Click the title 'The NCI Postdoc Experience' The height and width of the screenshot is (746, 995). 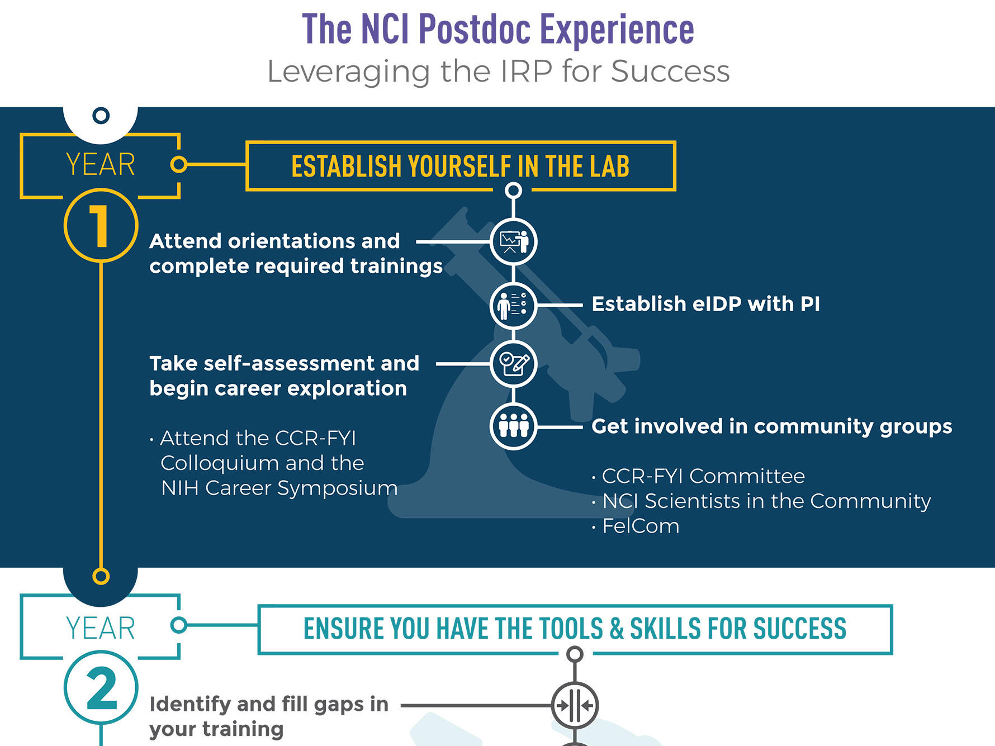click(x=498, y=29)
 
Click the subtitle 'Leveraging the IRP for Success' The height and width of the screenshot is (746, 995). click(x=499, y=72)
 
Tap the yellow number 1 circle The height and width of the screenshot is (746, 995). click(x=101, y=225)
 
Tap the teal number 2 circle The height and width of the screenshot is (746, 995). click(x=101, y=688)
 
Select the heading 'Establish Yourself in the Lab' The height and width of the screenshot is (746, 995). click(x=461, y=166)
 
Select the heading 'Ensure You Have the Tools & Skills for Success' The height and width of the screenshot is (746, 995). click(x=575, y=629)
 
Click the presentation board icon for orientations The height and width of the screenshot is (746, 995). click(x=514, y=242)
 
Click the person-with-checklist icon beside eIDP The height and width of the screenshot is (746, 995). click(x=514, y=306)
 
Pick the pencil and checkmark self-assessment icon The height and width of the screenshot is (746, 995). click(x=514, y=364)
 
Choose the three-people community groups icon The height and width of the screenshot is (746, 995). click(x=514, y=426)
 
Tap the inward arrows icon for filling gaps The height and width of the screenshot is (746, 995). click(x=575, y=705)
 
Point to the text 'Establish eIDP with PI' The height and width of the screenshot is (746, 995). click(x=706, y=304)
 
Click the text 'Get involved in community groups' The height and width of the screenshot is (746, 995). click(x=772, y=426)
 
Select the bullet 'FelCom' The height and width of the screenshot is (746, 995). click(x=641, y=526)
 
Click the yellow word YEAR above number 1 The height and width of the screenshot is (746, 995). click(x=101, y=165)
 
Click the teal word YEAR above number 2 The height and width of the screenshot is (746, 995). click(x=101, y=629)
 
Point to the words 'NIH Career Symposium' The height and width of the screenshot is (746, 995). click(x=279, y=488)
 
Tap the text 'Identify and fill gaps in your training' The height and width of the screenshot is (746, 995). click(x=269, y=716)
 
